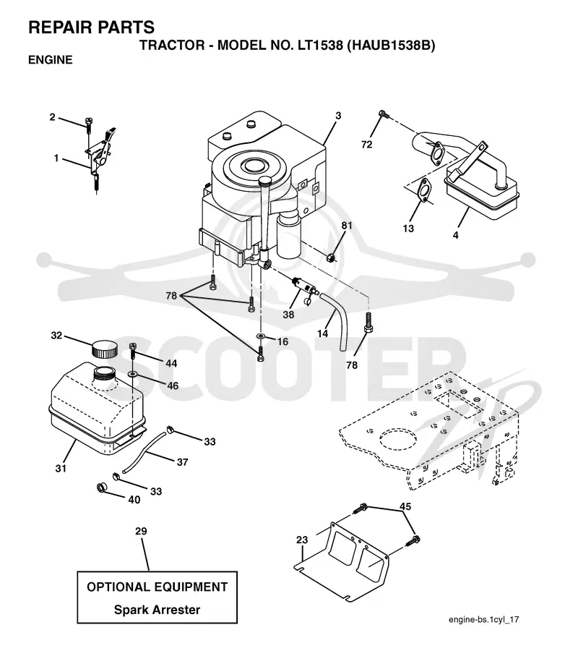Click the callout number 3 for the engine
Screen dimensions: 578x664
click(338, 116)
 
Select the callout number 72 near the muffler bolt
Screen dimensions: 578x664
click(367, 145)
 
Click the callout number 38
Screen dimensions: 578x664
click(288, 314)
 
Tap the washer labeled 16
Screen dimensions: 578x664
click(261, 336)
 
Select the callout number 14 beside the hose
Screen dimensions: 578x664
click(322, 333)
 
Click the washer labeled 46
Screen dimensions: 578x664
click(132, 374)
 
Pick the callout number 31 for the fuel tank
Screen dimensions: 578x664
click(61, 468)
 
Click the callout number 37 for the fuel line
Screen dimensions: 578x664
click(182, 462)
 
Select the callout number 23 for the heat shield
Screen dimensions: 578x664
click(302, 540)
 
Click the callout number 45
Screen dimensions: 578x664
click(405, 506)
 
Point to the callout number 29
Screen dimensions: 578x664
click(141, 531)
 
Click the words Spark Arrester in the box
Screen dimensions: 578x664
click(157, 610)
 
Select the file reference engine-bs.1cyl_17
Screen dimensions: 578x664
click(483, 620)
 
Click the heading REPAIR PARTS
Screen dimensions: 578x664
click(92, 27)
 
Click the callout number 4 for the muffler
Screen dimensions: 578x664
click(456, 234)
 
